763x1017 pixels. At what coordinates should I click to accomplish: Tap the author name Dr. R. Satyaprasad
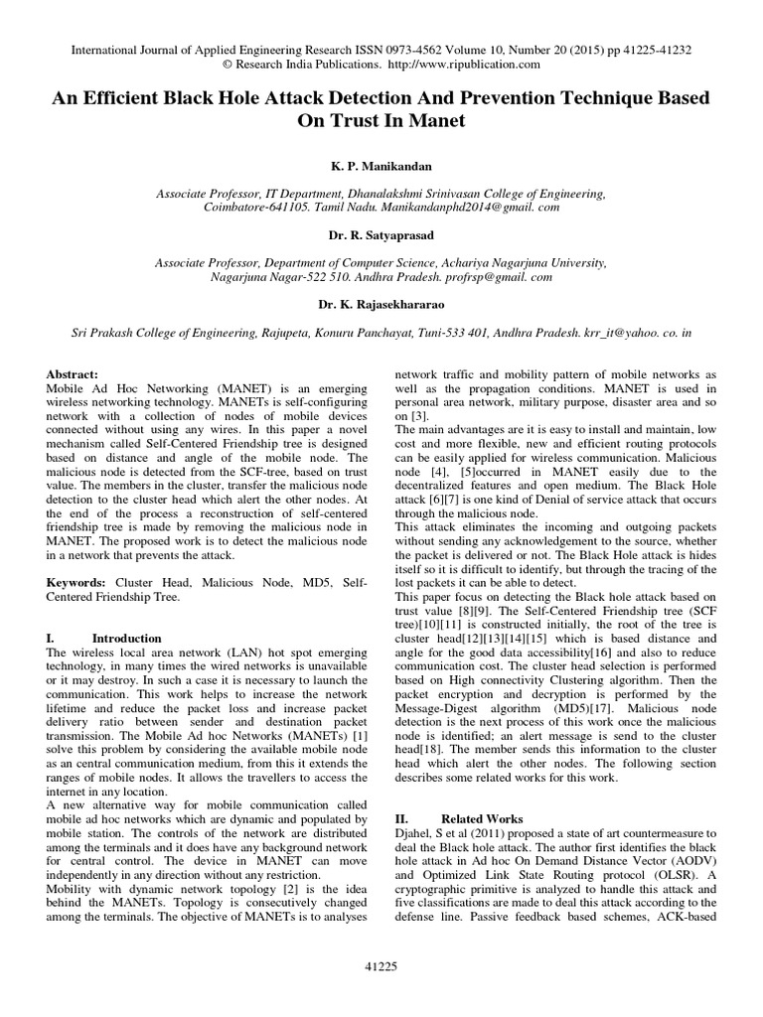[x=381, y=237]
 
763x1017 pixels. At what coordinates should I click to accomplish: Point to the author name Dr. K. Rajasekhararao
[x=381, y=305]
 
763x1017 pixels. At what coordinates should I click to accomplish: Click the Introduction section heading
[x=126, y=638]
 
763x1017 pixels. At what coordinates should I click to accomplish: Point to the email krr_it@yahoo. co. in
[x=632, y=338]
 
